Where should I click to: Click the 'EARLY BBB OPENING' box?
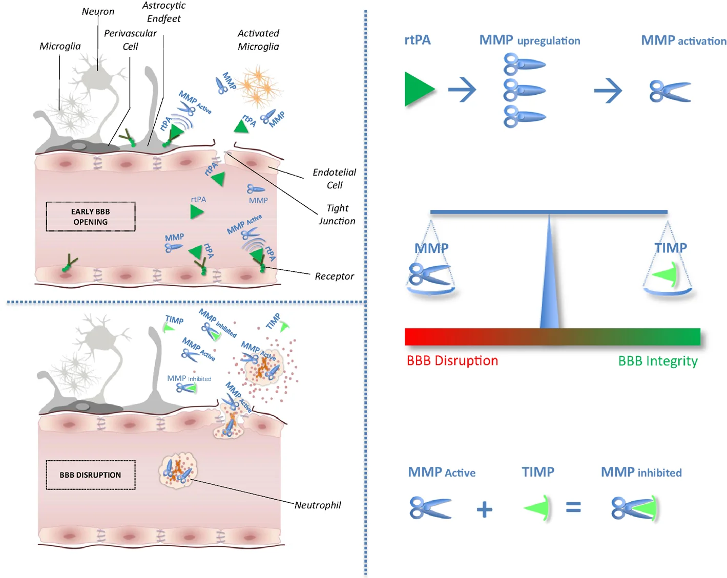click(91, 217)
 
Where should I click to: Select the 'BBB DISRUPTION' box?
click(91, 475)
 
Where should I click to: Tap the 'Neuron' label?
click(98, 11)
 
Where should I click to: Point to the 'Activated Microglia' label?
click(258, 40)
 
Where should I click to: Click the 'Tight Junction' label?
click(337, 215)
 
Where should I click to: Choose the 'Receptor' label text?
click(335, 276)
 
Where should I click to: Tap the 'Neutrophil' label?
click(318, 505)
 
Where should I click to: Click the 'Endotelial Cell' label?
click(335, 179)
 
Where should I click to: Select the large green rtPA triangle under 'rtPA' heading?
click(418, 89)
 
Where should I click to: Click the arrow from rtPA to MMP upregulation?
click(462, 90)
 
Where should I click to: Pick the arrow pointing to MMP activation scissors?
click(608, 91)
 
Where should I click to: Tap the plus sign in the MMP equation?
click(485, 509)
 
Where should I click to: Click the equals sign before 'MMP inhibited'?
click(573, 507)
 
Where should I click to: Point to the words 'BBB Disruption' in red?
click(452, 360)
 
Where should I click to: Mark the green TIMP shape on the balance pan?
click(665, 274)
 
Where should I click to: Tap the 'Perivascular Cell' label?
click(131, 40)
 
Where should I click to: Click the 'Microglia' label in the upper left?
click(60, 46)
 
